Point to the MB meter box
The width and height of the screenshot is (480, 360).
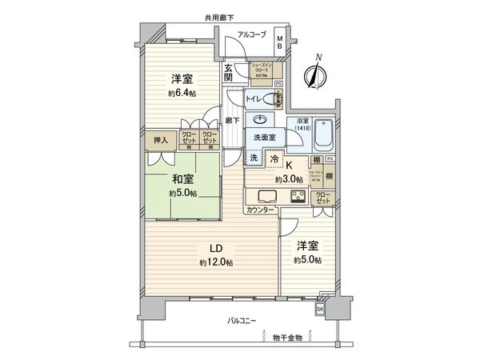[x=279, y=44]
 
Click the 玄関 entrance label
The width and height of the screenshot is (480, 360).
[x=228, y=74]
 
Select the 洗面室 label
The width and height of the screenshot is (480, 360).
[x=263, y=138]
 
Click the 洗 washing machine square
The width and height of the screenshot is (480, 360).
[x=253, y=158]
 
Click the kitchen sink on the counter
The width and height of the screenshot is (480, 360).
[x=267, y=197]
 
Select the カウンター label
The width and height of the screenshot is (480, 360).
[x=261, y=210]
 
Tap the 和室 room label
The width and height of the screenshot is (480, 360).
[x=182, y=180]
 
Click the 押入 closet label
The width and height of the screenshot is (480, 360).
[x=161, y=141]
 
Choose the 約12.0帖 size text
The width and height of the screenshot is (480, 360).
[x=216, y=262]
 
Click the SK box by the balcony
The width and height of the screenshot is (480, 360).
[x=321, y=308]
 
